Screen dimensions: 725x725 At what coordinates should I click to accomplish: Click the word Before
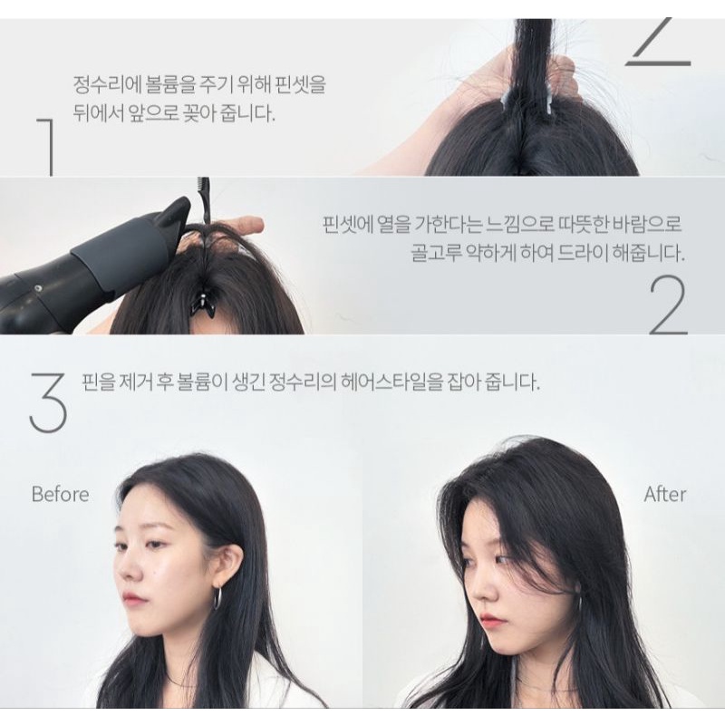[x=60, y=494]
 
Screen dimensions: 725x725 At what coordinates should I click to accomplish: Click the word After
[x=665, y=494]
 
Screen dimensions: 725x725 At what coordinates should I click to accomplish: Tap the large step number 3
[x=48, y=403]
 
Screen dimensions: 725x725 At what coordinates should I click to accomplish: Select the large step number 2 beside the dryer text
[x=669, y=305]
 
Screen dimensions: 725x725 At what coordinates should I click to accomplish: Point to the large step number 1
[x=47, y=147]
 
